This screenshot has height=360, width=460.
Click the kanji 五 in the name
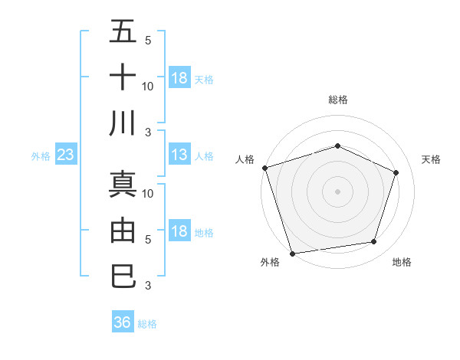[123, 31]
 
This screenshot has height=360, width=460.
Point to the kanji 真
[123, 184]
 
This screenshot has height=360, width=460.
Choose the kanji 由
[123, 230]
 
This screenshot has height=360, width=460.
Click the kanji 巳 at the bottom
[123, 275]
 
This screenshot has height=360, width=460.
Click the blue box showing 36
[123, 322]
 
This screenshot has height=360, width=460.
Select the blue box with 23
[66, 155]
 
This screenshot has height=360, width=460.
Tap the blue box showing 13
[179, 155]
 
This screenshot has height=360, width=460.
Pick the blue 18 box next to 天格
[179, 78]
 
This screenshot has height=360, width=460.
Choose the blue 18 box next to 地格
[179, 231]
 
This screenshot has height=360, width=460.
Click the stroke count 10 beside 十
[148, 86]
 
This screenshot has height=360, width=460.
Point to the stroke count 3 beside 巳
[148, 286]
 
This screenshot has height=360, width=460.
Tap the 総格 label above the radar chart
[337, 100]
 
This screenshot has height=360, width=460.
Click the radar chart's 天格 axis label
[431, 159]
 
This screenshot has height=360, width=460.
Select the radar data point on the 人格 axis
[264, 168]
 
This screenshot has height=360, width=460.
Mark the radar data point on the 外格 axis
[293, 252]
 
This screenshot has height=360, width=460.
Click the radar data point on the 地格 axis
[373, 241]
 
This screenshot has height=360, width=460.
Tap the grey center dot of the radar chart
[337, 191]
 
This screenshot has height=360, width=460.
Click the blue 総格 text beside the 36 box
[147, 324]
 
